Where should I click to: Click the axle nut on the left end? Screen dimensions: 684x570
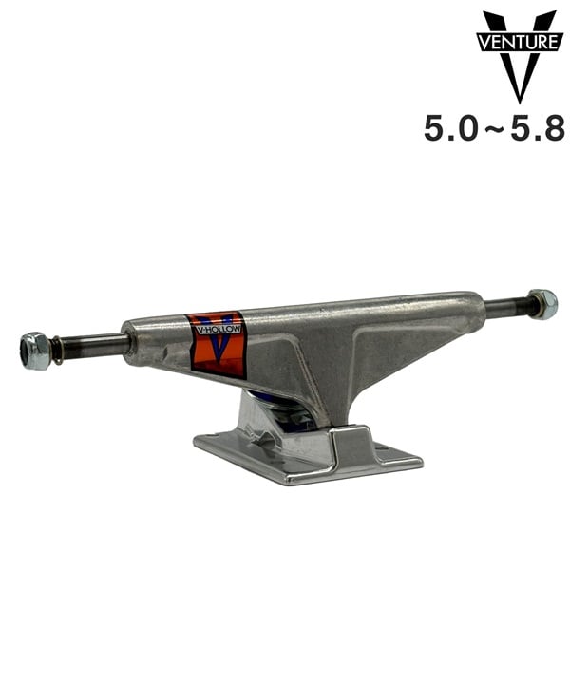pyautogui.click(x=34, y=350)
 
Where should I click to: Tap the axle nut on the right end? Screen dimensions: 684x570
pyautogui.click(x=542, y=304)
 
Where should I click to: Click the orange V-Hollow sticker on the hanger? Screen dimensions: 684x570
pyautogui.click(x=217, y=344)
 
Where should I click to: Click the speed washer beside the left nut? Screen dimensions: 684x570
pyautogui.click(x=57, y=351)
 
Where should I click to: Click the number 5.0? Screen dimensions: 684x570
pyautogui.click(x=450, y=127)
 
